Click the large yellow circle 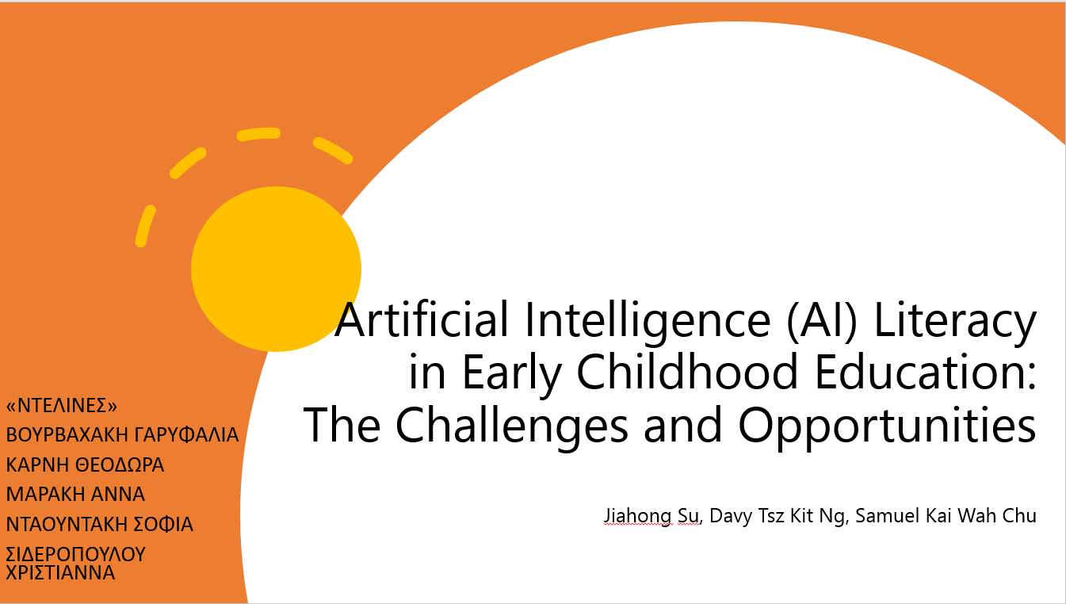tap(276, 269)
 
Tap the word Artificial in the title tap(422, 319)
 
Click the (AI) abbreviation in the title tap(822, 321)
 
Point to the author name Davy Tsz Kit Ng tap(778, 516)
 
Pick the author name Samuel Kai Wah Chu tap(946, 515)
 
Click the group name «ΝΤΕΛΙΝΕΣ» tap(61, 406)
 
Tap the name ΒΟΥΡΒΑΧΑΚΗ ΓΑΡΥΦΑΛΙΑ tap(122, 434)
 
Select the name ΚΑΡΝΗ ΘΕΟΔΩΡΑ tap(85, 464)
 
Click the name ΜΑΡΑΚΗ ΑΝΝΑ tap(75, 494)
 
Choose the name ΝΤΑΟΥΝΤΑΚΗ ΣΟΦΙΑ tap(99, 524)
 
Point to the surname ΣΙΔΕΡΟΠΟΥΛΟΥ tap(75, 554)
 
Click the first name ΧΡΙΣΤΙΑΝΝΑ tap(60, 572)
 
